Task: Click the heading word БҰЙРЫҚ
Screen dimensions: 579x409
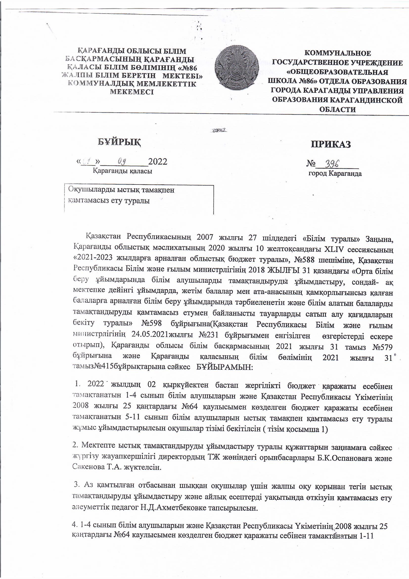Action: coord(119,142)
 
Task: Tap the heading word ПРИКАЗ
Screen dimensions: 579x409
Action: coord(331,144)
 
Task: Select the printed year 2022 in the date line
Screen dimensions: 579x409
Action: coord(158,161)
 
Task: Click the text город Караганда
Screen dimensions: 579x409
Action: coord(335,174)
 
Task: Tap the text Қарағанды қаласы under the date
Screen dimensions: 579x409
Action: coord(122,171)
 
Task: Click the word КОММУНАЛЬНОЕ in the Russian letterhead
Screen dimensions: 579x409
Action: coord(338,53)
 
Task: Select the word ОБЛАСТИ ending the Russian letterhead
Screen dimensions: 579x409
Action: coord(338,110)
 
